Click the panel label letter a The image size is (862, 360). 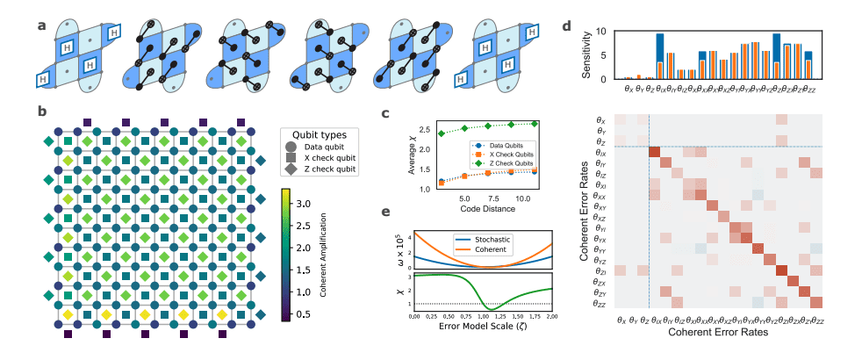coord(41,25)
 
